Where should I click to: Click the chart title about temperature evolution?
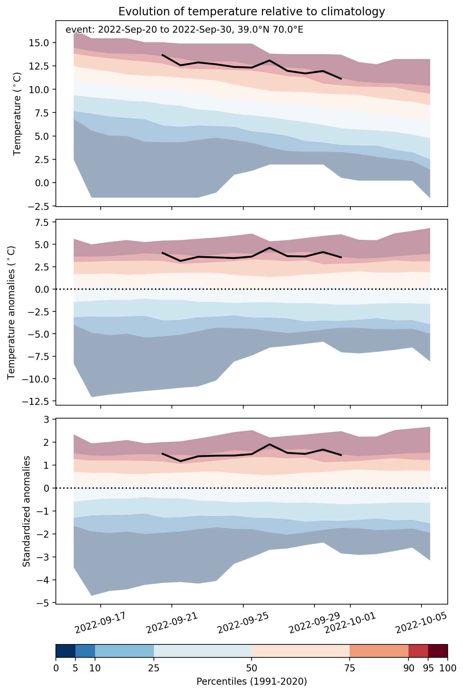tap(252, 12)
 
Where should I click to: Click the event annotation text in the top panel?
tap(184, 30)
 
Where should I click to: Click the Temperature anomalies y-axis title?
tap(11, 312)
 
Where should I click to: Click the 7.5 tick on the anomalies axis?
tap(43, 222)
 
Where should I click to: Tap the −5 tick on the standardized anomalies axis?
tap(44, 603)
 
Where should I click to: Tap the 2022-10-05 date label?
tap(421, 624)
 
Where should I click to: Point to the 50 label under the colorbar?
tap(252, 668)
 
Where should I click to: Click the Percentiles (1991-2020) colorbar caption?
tap(252, 682)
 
